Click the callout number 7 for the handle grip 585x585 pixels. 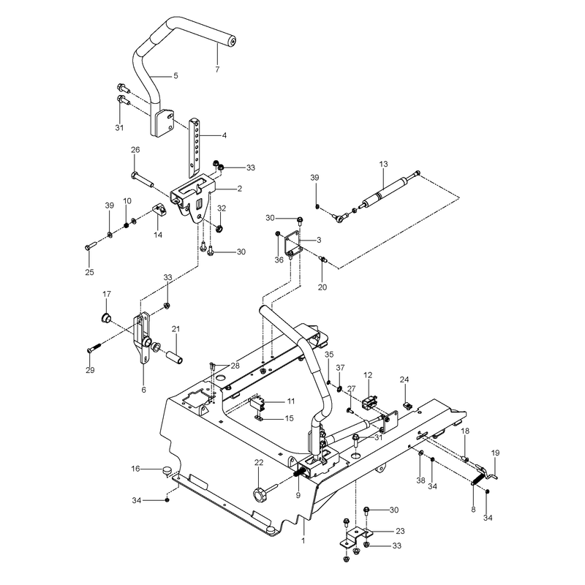pyautogui.click(x=217, y=69)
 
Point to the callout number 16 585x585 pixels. pyautogui.click(x=135, y=469)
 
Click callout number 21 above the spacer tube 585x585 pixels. pyautogui.click(x=175, y=329)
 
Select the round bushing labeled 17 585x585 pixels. pyautogui.click(x=107, y=318)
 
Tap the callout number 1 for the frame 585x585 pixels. pyautogui.click(x=303, y=540)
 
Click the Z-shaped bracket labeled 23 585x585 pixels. pyautogui.click(x=355, y=537)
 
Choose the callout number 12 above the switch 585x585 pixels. pyautogui.click(x=368, y=375)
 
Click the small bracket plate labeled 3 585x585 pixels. pyautogui.click(x=292, y=244)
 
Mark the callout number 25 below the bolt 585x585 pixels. pyautogui.click(x=89, y=272)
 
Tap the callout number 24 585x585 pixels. pyautogui.click(x=404, y=380)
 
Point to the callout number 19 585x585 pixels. pyautogui.click(x=495, y=453)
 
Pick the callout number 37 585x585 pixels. pyautogui.click(x=340, y=368)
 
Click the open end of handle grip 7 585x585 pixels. pyautogui.click(x=232, y=41)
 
